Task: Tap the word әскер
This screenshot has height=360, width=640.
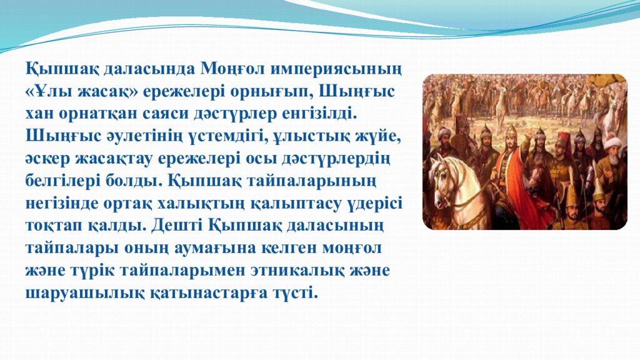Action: click(46, 158)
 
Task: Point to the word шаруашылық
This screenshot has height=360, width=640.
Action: click(74, 292)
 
